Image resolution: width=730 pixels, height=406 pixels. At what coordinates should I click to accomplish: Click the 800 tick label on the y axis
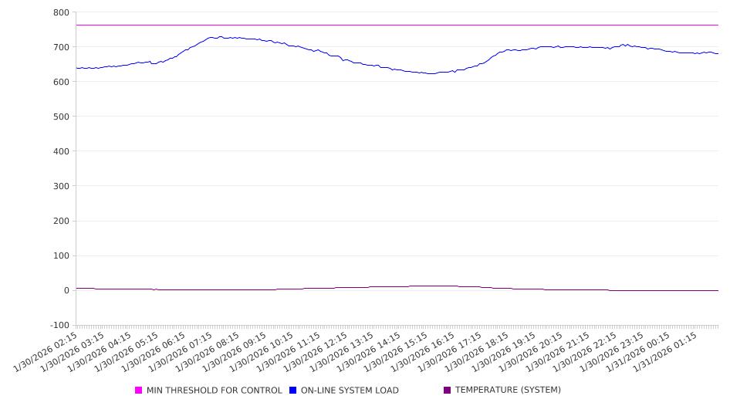tap(61, 12)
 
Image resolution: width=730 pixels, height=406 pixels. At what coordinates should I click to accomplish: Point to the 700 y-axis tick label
tap(61, 47)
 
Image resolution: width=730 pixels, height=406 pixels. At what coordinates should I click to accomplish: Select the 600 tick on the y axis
tap(61, 82)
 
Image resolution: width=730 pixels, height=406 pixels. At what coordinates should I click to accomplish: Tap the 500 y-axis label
tap(61, 117)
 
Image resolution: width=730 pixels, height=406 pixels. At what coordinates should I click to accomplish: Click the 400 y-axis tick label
tap(61, 151)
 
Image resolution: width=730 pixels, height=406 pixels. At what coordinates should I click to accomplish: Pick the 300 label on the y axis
tap(61, 186)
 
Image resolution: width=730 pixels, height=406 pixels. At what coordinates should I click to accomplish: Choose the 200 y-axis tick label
tap(61, 221)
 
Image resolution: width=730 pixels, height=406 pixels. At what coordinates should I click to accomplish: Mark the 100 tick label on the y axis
tap(61, 255)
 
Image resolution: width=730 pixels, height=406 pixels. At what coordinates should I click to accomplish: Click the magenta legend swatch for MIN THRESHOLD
tap(139, 391)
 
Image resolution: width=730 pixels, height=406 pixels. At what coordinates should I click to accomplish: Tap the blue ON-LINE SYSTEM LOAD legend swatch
tap(293, 391)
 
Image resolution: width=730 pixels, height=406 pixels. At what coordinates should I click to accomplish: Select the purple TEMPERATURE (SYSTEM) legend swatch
tap(448, 391)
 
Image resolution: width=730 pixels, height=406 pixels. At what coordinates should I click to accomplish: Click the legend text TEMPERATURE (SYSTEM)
tap(508, 391)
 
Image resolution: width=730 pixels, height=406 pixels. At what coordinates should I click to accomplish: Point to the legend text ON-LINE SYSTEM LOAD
tap(350, 391)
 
